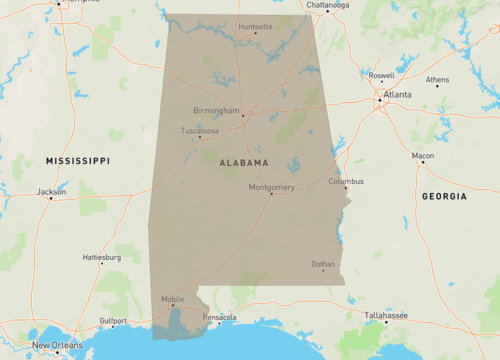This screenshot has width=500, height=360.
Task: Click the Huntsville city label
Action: tap(256, 25)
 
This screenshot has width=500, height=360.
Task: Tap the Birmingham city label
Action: tap(217, 111)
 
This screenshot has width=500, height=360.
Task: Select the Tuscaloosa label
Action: tap(200, 131)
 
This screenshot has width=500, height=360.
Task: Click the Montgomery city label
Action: tap(271, 186)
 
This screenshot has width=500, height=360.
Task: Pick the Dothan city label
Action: tap(323, 264)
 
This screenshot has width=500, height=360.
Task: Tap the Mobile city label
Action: tap(173, 299)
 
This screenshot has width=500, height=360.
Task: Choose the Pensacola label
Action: tap(219, 317)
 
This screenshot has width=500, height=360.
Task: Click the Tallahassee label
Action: tap(386, 315)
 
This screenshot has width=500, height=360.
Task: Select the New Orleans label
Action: tap(55, 346)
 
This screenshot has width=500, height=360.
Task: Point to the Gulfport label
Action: tap(113, 320)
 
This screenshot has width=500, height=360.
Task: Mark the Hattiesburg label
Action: tap(101, 257)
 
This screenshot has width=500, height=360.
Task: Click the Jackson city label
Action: tap(51, 190)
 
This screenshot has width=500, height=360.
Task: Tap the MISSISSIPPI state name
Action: tap(78, 160)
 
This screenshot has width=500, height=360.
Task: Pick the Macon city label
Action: tap(423, 156)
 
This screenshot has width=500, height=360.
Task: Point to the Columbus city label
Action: tap(346, 181)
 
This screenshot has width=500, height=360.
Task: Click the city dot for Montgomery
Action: tap(271, 194)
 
